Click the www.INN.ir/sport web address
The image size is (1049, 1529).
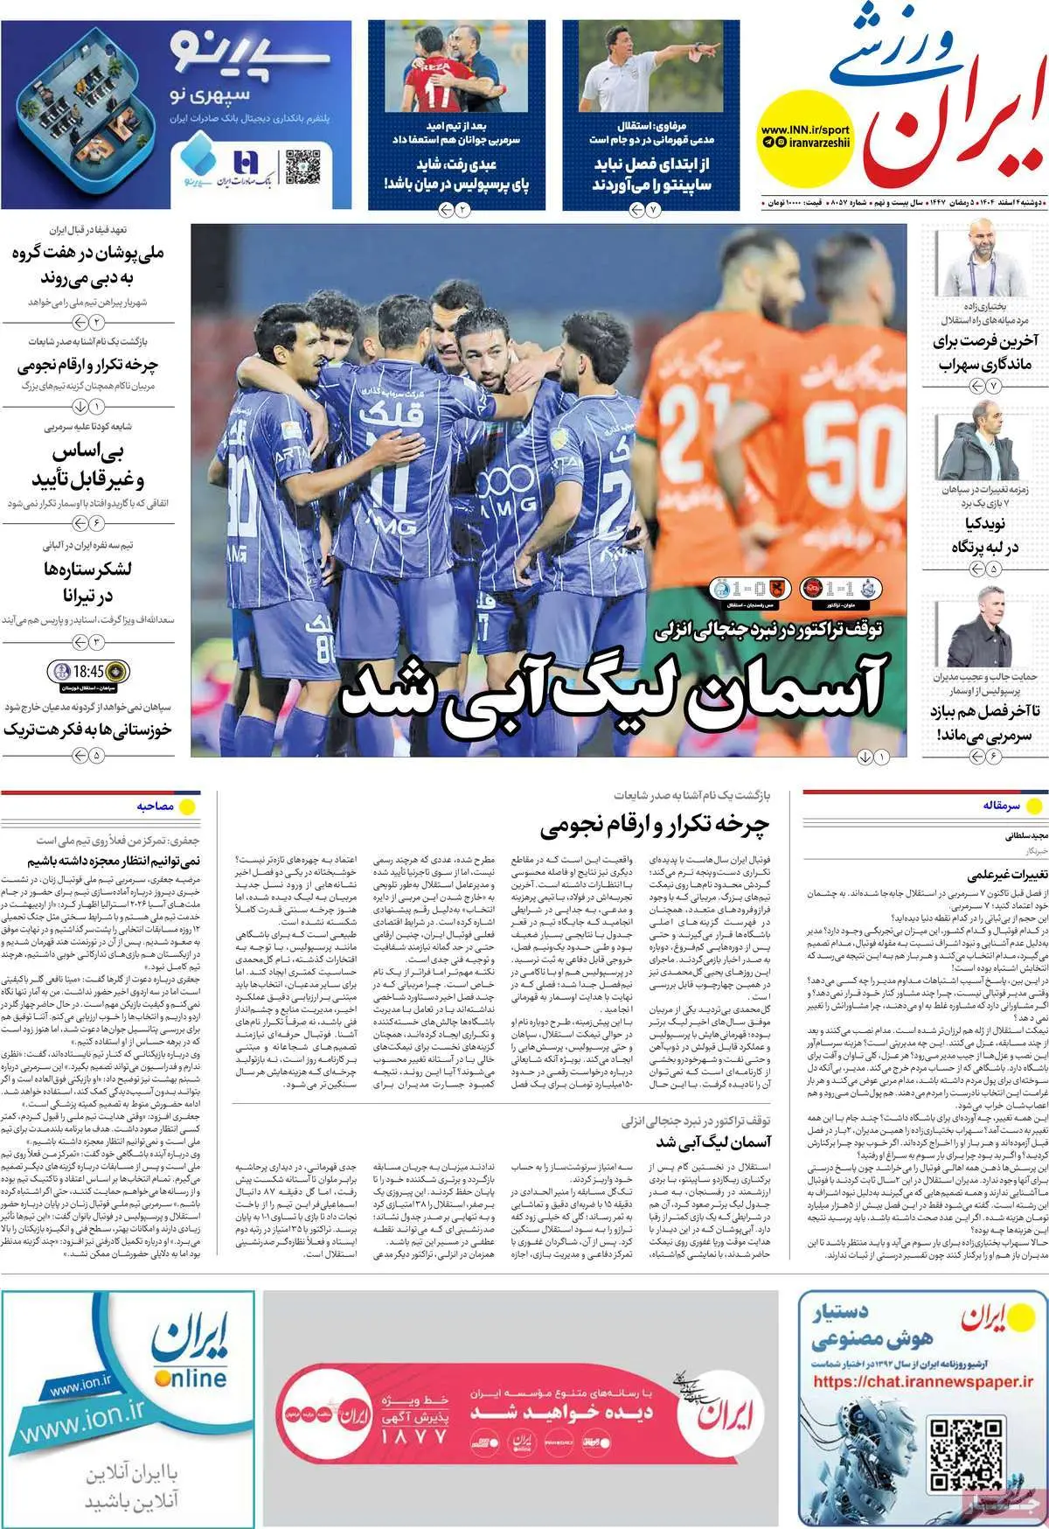pos(805,129)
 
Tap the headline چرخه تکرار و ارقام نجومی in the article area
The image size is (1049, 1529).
pos(656,824)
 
